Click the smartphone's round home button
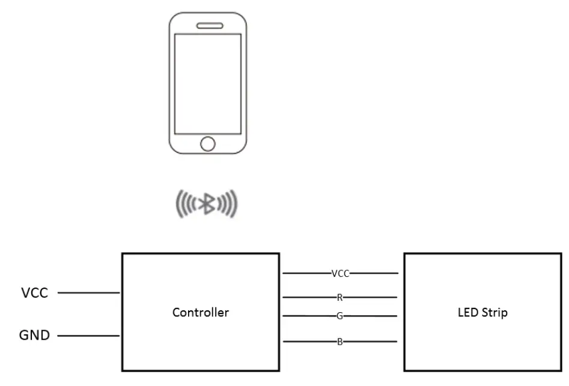point(207,143)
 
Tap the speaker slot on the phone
point(207,26)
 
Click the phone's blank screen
point(207,83)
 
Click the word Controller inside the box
point(200,312)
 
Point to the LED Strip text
point(481,312)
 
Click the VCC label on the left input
point(35,293)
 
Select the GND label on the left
point(35,335)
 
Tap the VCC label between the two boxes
point(340,274)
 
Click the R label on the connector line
point(340,297)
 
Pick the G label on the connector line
point(340,315)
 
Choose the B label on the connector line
point(340,342)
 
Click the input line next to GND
point(90,336)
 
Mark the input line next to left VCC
point(90,294)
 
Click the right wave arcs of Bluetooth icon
point(228,204)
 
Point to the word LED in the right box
point(466,312)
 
